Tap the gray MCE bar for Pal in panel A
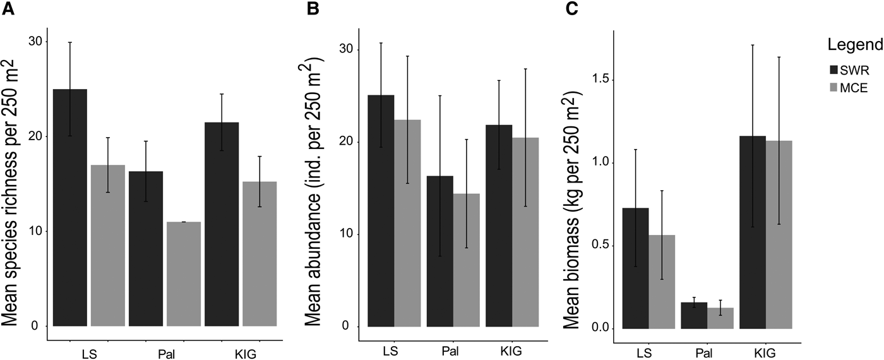point(184,274)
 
